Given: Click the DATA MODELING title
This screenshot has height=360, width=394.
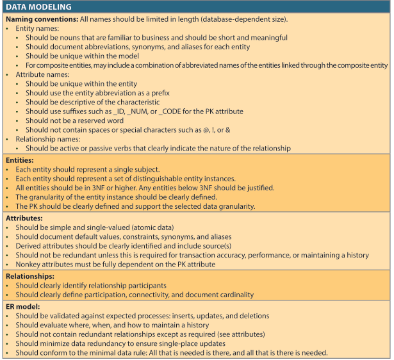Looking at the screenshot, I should (39, 7).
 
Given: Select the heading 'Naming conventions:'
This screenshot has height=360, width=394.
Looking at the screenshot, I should (43, 19).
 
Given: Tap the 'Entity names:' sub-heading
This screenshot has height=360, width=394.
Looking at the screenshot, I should (38, 29).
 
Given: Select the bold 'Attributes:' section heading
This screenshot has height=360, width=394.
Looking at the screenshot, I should (25, 217).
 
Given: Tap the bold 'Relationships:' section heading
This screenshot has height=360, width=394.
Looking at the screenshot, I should (31, 275).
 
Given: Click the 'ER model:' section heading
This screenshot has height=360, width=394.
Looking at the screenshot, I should (24, 306).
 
